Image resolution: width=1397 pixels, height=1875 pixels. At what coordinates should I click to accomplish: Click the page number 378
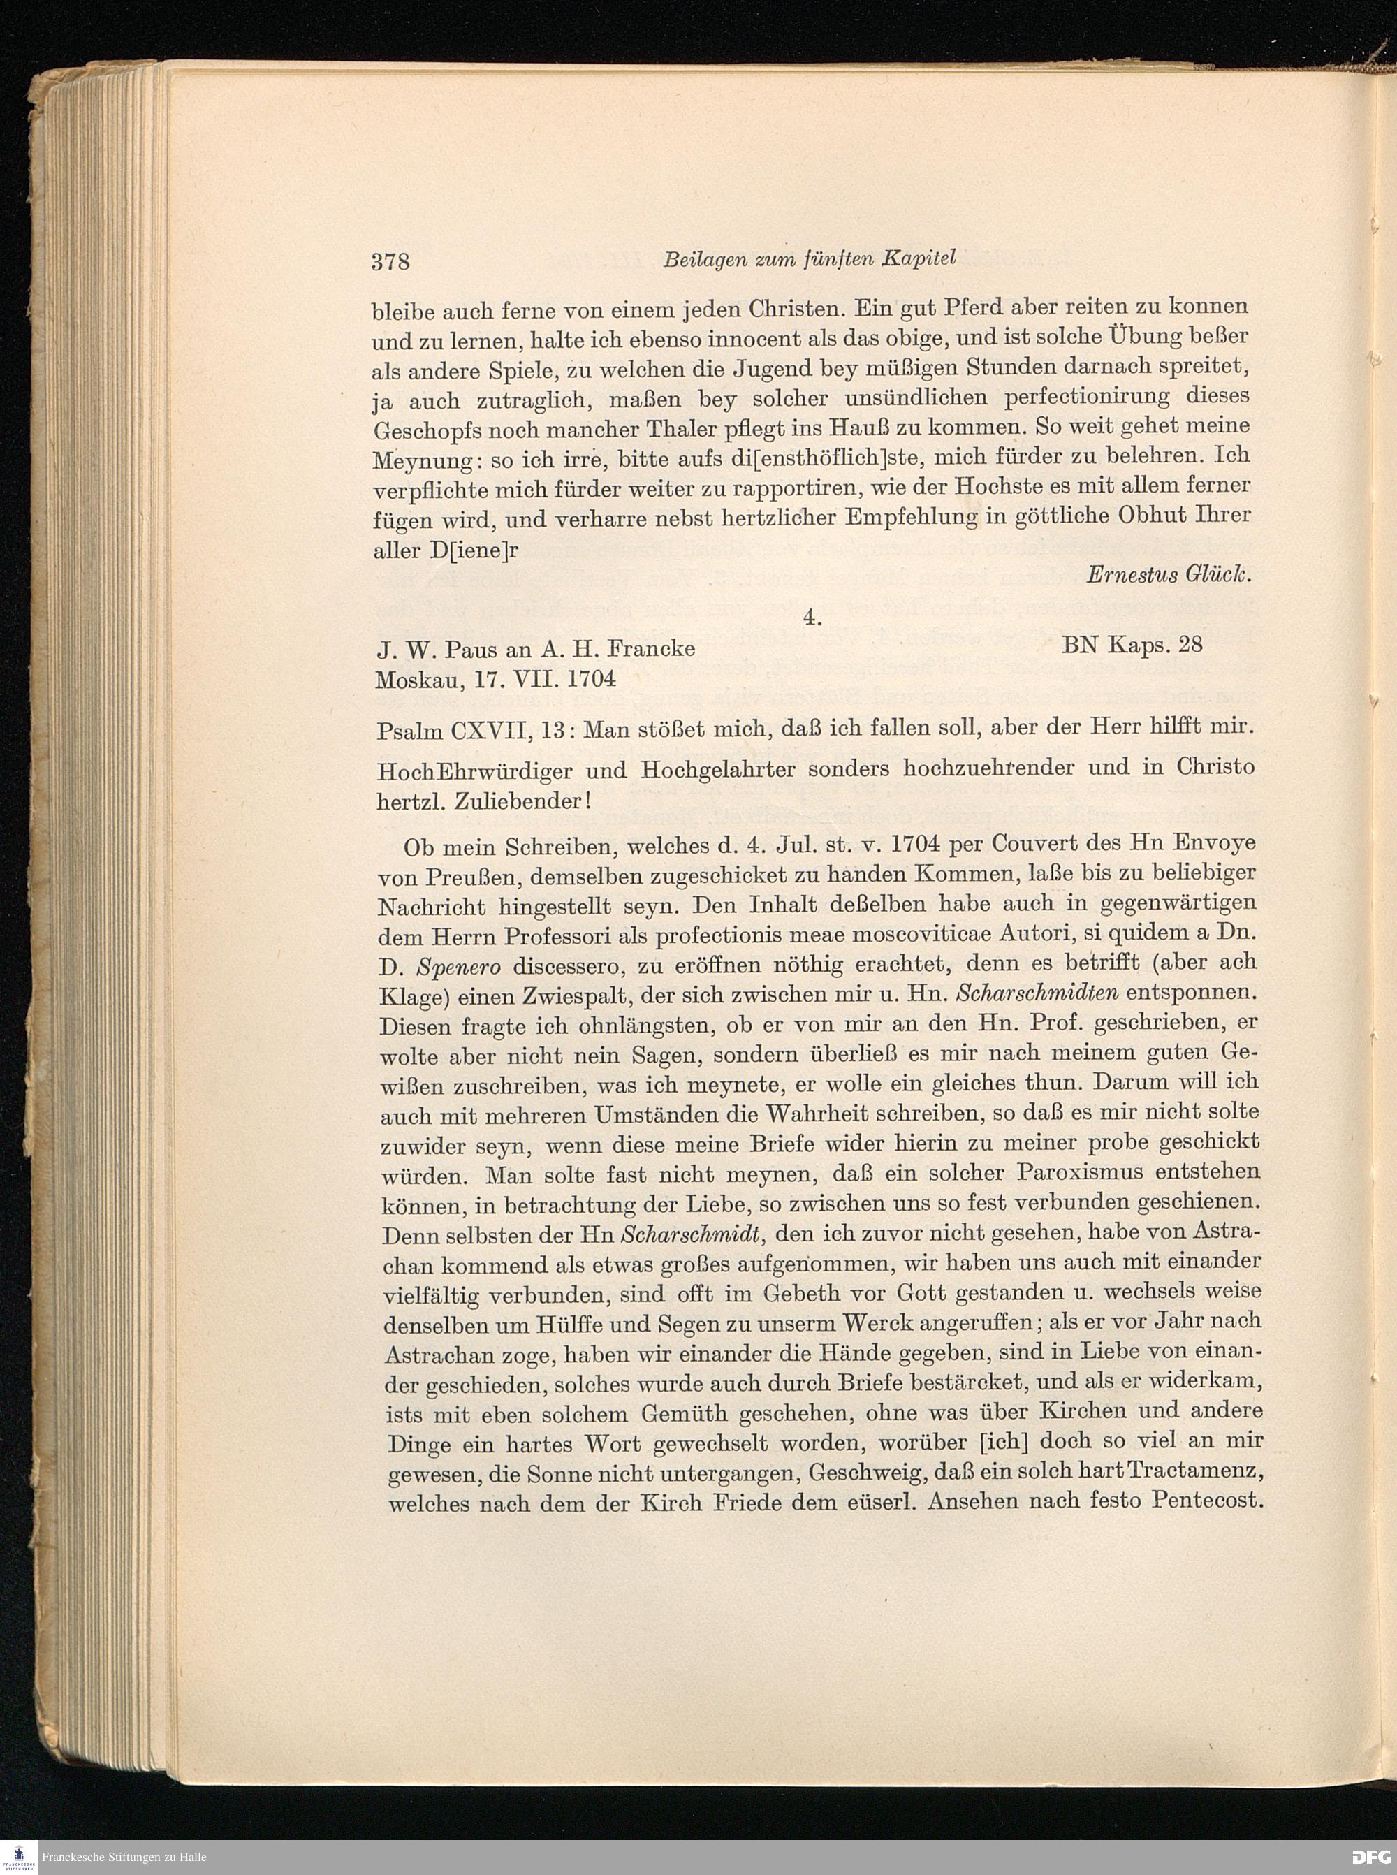tap(390, 262)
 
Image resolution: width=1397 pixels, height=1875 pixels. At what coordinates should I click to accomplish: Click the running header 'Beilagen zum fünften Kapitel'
tap(810, 258)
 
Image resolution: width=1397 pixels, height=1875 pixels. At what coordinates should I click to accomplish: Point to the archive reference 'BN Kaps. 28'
tap(1132, 645)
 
